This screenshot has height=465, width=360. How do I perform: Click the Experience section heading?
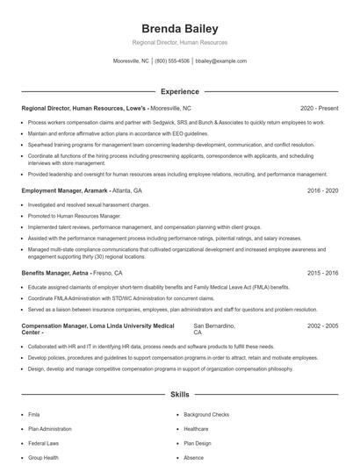pyautogui.click(x=179, y=91)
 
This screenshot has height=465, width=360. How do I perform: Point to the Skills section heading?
pyautogui.click(x=179, y=395)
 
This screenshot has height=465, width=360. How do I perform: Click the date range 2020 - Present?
pyautogui.click(x=319, y=109)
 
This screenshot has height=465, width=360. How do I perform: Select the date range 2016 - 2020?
pyautogui.click(x=321, y=190)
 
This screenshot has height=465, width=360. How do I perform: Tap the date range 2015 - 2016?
pyautogui.click(x=321, y=274)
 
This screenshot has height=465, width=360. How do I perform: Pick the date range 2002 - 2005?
pyautogui.click(x=321, y=325)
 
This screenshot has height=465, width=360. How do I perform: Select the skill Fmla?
pyautogui.click(x=34, y=414)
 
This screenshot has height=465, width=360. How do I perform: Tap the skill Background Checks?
pyautogui.click(x=206, y=414)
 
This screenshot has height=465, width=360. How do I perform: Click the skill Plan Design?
pyautogui.click(x=198, y=443)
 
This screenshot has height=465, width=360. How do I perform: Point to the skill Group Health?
pyautogui.click(x=43, y=457)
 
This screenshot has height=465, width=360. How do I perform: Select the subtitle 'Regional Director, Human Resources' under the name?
pyautogui.click(x=179, y=42)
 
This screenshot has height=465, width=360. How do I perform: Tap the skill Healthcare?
pyautogui.click(x=196, y=429)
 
